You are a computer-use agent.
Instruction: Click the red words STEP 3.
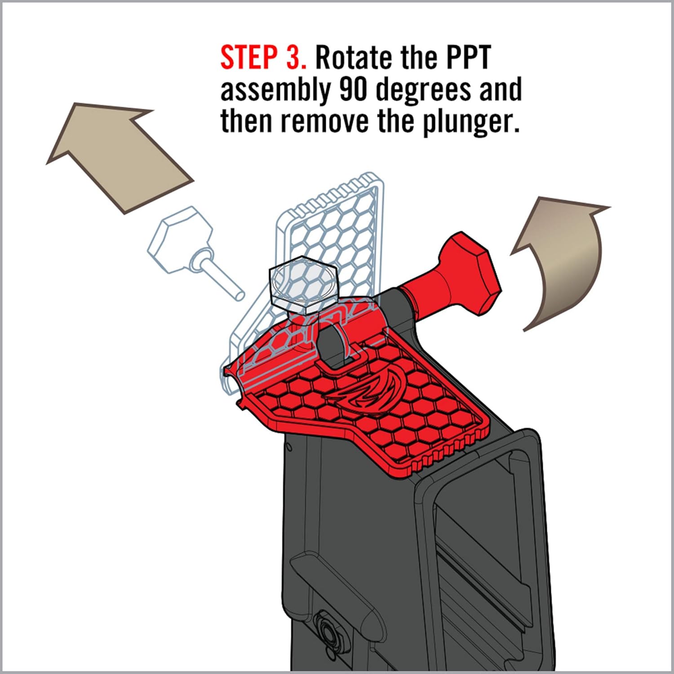click(x=263, y=58)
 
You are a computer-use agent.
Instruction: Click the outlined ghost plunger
click(x=189, y=245)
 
